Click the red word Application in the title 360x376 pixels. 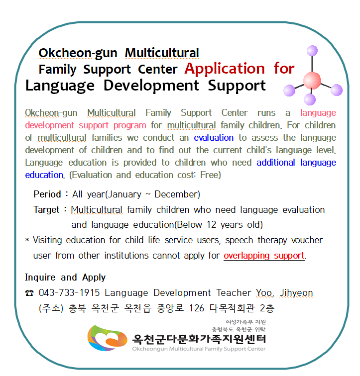click(225, 69)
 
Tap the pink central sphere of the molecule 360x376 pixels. click(312, 81)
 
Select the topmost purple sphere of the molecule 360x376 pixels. click(312, 51)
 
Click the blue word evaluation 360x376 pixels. click(214, 138)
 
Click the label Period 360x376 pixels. click(47, 194)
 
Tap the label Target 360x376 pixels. click(46, 210)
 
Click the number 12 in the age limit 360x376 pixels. click(212, 225)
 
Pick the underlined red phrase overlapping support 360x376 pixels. click(264, 256)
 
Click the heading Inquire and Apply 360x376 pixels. click(65, 278)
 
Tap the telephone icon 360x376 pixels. click(29, 293)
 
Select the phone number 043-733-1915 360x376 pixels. click(69, 293)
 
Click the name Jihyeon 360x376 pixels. click(296, 293)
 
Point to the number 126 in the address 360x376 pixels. click(197, 308)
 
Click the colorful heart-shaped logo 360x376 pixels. click(107, 338)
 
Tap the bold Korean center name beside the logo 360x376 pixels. click(199, 339)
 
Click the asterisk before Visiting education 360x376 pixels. click(27, 240)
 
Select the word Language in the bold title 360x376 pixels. click(60, 86)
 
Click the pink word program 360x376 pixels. click(130, 125)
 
